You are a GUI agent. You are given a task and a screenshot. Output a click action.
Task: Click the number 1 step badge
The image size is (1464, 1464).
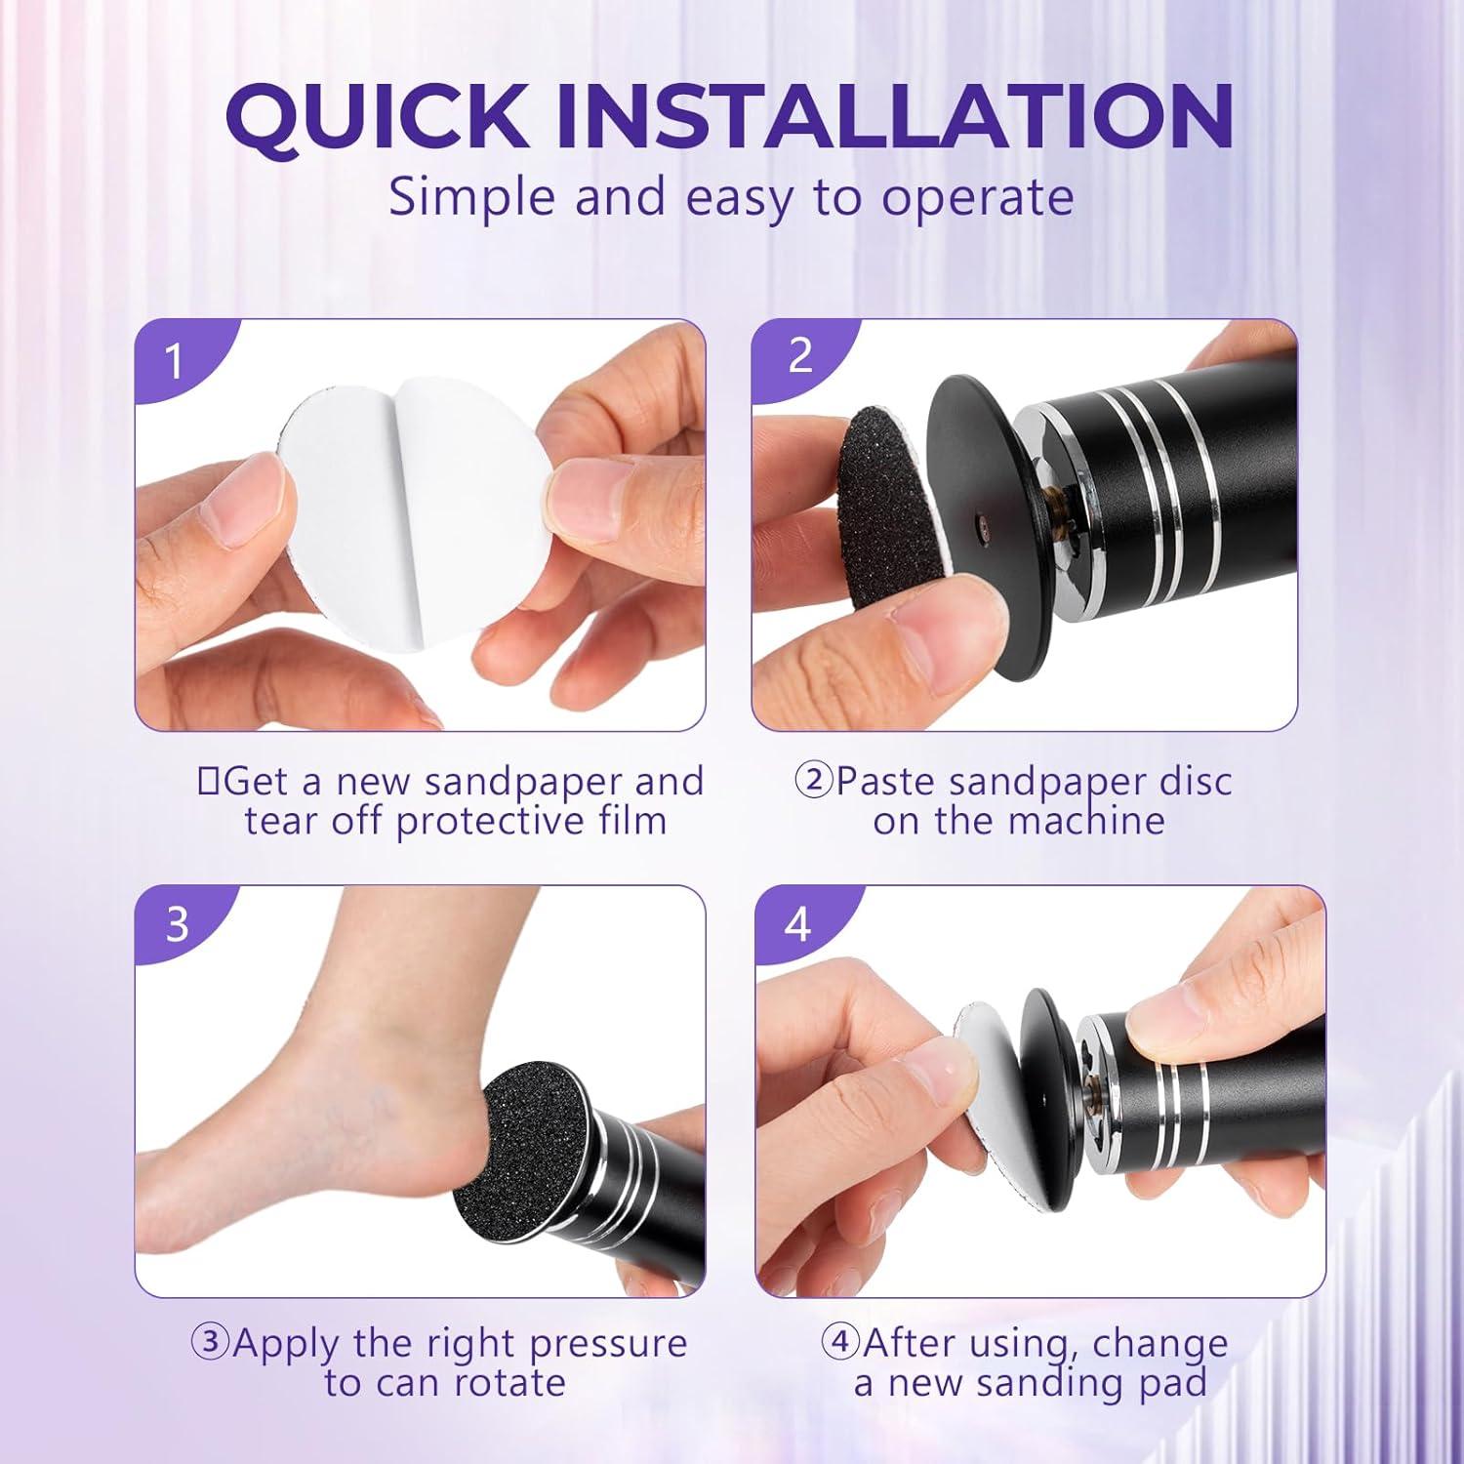(x=175, y=361)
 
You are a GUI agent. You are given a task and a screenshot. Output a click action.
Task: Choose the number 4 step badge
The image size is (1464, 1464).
(x=797, y=923)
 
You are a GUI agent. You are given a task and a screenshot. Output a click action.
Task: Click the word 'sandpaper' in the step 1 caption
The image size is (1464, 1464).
(x=524, y=783)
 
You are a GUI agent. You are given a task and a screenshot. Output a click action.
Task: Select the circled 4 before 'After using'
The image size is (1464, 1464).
(x=839, y=1343)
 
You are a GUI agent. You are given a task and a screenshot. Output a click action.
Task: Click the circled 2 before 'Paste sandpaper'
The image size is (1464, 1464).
(x=813, y=782)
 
